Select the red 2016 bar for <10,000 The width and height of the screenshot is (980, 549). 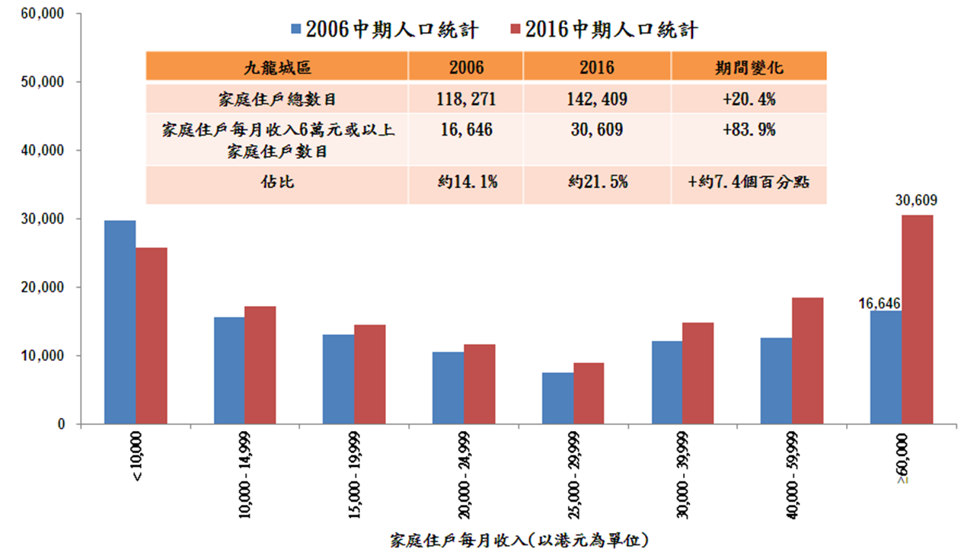coord(152,336)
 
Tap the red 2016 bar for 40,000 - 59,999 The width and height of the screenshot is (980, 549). coord(807,361)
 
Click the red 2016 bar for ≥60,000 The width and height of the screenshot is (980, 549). coord(917,320)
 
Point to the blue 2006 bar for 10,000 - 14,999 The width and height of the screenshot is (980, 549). coord(229,371)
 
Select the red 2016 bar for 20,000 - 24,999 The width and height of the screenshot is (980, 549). coord(480,385)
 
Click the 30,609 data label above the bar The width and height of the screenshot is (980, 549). coord(916,202)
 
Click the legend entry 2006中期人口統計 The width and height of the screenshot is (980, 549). coord(384,30)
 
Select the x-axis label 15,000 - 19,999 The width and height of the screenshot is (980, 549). coord(358,477)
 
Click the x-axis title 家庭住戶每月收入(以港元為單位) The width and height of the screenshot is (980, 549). coord(518,541)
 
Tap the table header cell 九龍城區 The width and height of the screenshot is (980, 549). coord(276,67)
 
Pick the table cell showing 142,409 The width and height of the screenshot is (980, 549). coord(596,98)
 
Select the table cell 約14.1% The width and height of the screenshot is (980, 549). coord(466,184)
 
